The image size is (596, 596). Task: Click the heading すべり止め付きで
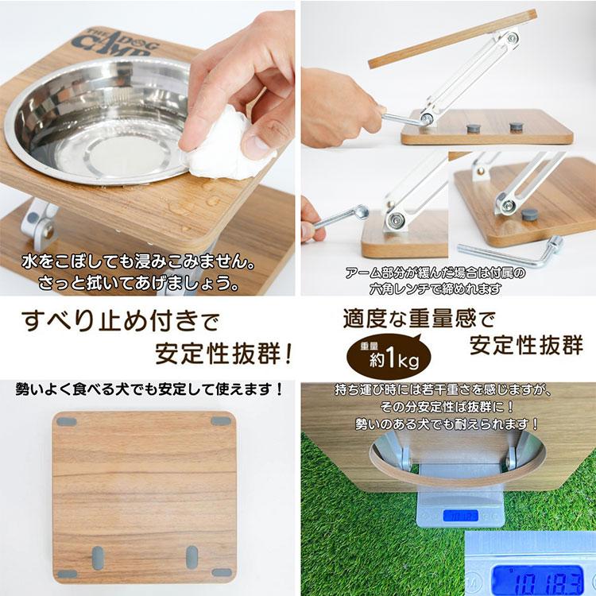[114, 323]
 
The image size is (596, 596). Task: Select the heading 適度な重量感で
[418, 319]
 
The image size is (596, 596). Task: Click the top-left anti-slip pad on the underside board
[67, 421]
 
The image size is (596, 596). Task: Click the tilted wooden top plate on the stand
[454, 36]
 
